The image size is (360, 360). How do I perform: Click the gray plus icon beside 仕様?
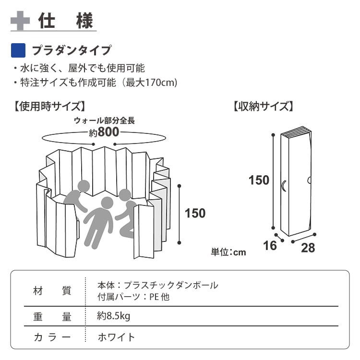tap(20, 21)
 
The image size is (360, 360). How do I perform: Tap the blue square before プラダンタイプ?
tap(18, 50)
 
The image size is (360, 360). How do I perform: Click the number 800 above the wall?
tap(108, 132)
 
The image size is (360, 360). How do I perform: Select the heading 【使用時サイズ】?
tap(49, 106)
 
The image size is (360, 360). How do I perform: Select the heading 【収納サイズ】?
tap(264, 106)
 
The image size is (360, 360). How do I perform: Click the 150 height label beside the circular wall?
tap(195, 213)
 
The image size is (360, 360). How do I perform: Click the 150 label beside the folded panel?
tap(259, 180)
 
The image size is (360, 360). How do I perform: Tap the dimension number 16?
tap(270, 246)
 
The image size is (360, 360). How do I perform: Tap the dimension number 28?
tap(308, 248)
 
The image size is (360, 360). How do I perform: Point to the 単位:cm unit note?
tap(228, 252)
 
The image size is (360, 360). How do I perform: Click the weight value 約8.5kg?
tap(113, 316)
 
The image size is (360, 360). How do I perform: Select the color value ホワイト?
tap(116, 337)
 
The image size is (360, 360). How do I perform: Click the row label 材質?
tap(52, 291)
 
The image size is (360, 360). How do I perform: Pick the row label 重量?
tap(52, 317)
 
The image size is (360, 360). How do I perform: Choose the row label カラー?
tap(52, 337)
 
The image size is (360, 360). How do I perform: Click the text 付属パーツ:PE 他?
tap(133, 297)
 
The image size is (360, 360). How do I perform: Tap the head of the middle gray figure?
tap(107, 203)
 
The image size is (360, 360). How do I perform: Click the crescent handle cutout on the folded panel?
tap(283, 185)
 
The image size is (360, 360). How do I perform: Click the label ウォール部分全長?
tap(104, 120)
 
